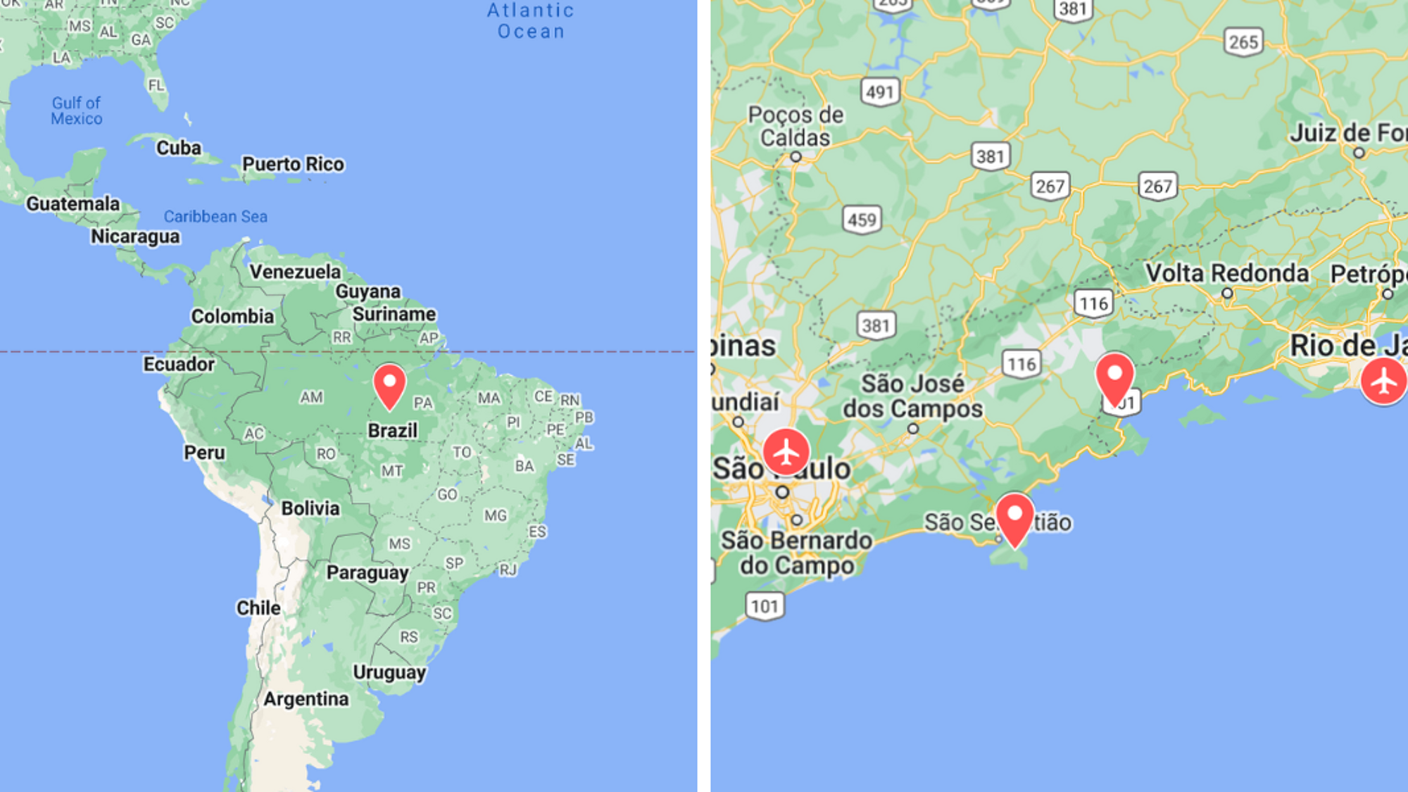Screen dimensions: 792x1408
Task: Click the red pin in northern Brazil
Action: coord(389,385)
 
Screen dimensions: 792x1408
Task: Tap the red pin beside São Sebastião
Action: coord(1014,518)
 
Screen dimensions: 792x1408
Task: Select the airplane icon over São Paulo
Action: coord(786,451)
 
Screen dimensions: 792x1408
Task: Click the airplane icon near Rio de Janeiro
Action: coord(1383,381)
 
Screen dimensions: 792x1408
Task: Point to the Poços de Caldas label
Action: coord(796,126)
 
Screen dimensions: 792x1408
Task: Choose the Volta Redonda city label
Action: coord(1227,273)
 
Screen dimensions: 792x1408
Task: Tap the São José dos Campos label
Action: coord(912,396)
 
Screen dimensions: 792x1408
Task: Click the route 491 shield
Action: coord(880,92)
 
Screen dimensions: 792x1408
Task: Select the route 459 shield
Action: coord(862,220)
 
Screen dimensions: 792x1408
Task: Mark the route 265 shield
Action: coord(1243,42)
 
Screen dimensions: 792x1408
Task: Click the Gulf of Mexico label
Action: coord(77,111)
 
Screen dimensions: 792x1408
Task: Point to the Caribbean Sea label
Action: coord(215,217)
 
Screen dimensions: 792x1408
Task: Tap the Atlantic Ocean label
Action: coord(531,21)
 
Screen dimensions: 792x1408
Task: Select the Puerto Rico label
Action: coord(294,164)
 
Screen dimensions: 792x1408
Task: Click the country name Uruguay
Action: coord(389,672)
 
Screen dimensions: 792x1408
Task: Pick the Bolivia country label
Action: coord(310,508)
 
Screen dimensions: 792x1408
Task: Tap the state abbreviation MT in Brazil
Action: coord(392,471)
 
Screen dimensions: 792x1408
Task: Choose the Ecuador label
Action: coord(179,364)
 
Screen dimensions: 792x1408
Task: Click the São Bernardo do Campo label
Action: coord(797,553)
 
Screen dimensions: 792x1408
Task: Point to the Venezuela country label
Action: coord(295,272)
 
